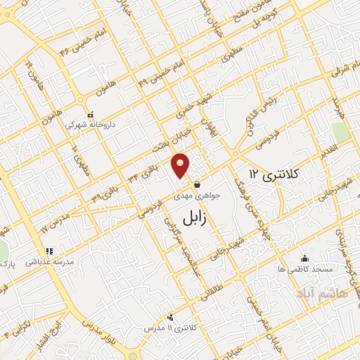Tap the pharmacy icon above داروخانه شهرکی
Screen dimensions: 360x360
90,115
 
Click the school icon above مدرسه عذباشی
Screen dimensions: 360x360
49,250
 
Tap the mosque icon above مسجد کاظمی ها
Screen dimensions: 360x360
304,258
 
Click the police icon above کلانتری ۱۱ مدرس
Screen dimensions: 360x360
170,317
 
